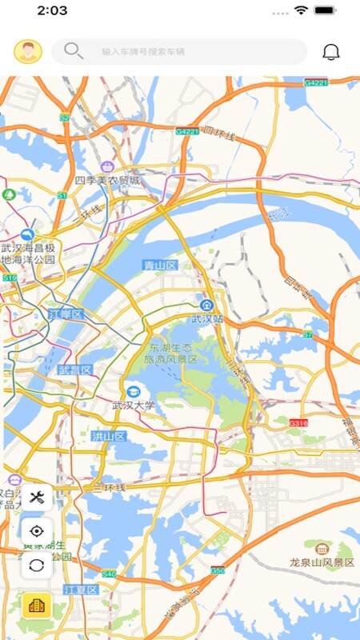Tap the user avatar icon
[x=28, y=52]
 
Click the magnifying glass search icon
[x=73, y=51]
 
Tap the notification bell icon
[x=331, y=52]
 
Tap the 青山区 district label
[x=159, y=265]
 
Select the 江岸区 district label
[x=66, y=314]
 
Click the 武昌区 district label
[x=75, y=370]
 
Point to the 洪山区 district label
[x=108, y=436]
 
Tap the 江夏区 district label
[x=80, y=590]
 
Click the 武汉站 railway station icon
[x=206, y=305]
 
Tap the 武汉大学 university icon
[x=133, y=391]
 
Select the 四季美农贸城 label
[x=108, y=181]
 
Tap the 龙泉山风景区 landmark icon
[x=322, y=549]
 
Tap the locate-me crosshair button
[x=37, y=531]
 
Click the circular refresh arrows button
[x=37, y=564]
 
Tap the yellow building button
[x=37, y=606]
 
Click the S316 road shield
[x=298, y=422]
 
